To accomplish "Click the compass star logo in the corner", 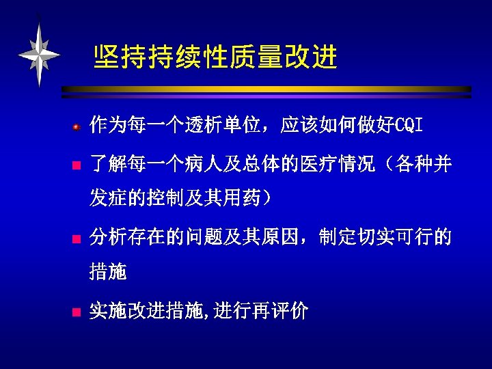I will pos(39,54).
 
